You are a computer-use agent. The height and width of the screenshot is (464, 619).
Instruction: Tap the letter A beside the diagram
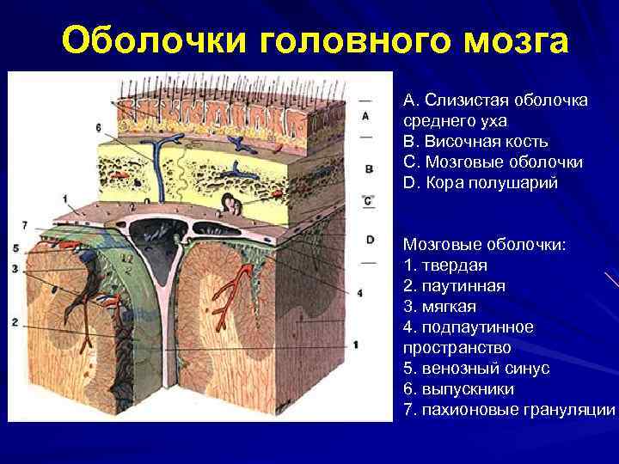pyautogui.click(x=366, y=115)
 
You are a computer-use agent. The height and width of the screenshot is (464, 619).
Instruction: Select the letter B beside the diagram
pyautogui.click(x=368, y=168)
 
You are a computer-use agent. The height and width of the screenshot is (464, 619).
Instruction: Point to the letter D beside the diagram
pyautogui.click(x=370, y=239)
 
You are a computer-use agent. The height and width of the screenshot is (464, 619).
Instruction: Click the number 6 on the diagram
pyautogui.click(x=99, y=128)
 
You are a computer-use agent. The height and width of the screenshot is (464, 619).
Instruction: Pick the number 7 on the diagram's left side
pyautogui.click(x=25, y=225)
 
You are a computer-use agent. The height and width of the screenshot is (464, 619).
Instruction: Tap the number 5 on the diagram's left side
pyautogui.click(x=15, y=248)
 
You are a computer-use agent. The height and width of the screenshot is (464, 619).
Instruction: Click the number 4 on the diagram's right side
pyautogui.click(x=359, y=293)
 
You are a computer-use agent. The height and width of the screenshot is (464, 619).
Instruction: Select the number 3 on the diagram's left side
pyautogui.click(x=15, y=269)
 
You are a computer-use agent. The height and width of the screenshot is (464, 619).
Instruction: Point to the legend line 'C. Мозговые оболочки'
pyautogui.click(x=493, y=162)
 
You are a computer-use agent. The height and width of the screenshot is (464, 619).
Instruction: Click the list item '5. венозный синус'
pyautogui.click(x=476, y=368)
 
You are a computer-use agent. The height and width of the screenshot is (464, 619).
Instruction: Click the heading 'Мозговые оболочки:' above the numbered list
pyautogui.click(x=484, y=244)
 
